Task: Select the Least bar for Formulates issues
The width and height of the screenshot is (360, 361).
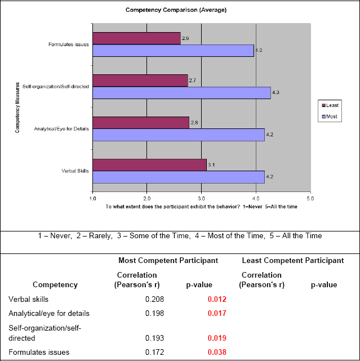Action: (x=136, y=38)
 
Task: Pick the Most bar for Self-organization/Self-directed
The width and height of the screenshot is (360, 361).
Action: (x=181, y=93)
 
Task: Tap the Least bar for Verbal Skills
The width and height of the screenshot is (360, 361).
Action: (x=149, y=165)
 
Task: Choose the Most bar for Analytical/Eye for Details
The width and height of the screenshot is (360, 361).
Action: (x=178, y=135)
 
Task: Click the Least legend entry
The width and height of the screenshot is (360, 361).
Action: (x=330, y=105)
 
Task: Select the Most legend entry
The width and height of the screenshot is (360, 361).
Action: (x=330, y=117)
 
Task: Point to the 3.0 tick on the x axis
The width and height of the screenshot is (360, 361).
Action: (x=201, y=198)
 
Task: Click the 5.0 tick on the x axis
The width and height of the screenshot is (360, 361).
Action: (x=310, y=198)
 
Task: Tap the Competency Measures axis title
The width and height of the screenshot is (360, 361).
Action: (x=17, y=107)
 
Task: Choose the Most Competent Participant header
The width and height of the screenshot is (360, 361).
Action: (x=168, y=261)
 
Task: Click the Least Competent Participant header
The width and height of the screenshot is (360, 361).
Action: (x=292, y=261)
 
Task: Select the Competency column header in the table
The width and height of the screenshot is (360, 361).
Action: (x=55, y=284)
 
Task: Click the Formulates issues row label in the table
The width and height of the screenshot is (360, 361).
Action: (x=39, y=353)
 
